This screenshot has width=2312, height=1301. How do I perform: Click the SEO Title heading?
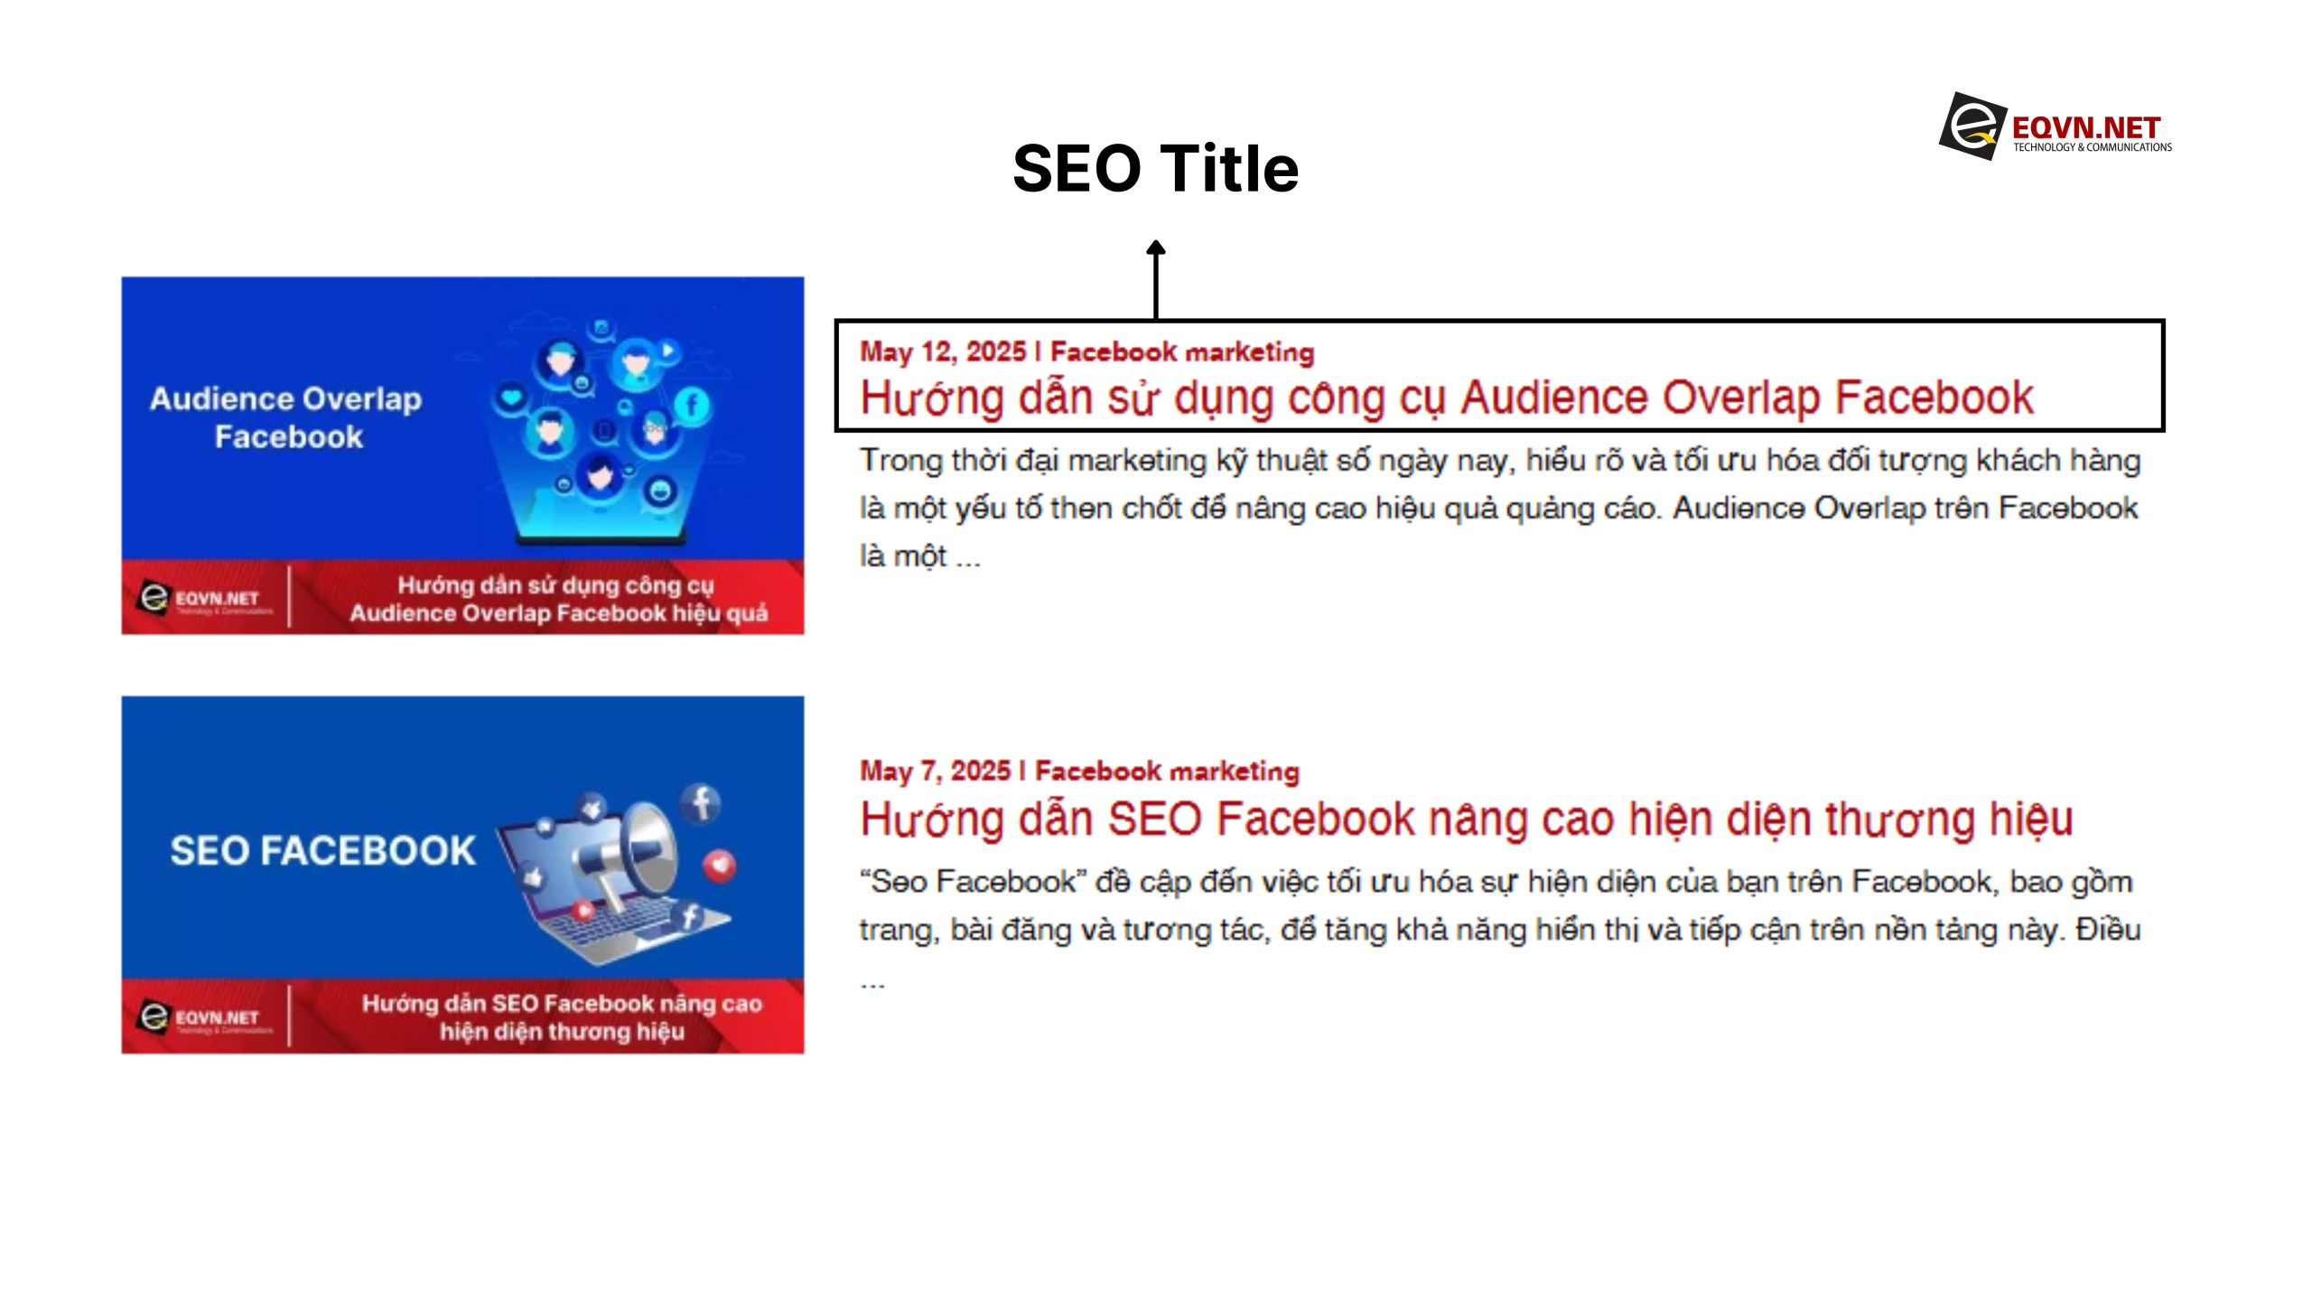tap(1155, 169)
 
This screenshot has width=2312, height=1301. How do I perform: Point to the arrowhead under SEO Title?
tap(1155, 248)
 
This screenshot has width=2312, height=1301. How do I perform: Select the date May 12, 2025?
tap(942, 351)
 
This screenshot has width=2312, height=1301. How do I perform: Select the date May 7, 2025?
tap(934, 771)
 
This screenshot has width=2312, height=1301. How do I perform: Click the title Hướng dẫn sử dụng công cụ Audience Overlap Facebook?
tap(1446, 398)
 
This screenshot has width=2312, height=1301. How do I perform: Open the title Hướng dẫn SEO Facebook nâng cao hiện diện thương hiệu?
tap(1465, 819)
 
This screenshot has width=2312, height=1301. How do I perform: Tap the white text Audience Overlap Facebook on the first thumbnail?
tap(286, 417)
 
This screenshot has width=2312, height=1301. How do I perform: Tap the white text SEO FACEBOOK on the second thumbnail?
tap(322, 851)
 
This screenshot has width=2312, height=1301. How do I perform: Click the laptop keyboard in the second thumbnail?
tap(614, 931)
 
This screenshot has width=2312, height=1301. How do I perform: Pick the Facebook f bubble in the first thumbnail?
tap(692, 404)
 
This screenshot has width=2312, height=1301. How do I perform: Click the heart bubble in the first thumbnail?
tap(512, 397)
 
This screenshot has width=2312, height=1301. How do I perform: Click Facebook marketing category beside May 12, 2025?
tap(1181, 351)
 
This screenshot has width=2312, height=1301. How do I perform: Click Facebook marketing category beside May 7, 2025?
tap(1166, 771)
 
